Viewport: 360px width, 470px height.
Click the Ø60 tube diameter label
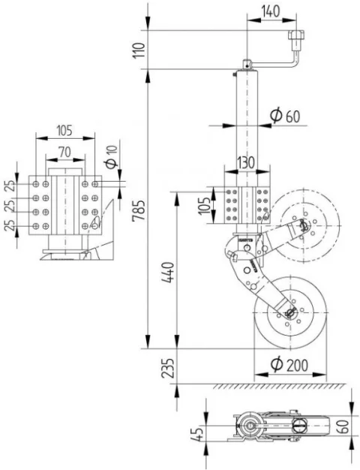coord(284,116)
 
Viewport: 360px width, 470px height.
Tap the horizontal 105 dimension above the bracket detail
coord(64,131)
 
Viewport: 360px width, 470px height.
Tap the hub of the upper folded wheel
coord(302,224)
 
